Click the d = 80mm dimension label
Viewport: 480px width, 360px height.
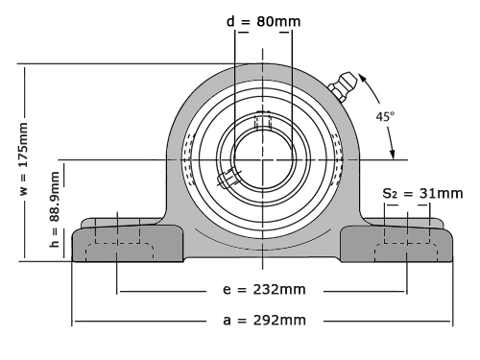(x=263, y=22)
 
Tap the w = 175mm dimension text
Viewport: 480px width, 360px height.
(x=24, y=158)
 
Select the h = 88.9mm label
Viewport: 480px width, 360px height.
(x=55, y=209)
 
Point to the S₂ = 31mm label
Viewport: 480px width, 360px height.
(x=422, y=194)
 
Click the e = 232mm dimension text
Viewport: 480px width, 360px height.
(x=264, y=289)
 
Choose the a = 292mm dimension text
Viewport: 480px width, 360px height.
(x=264, y=320)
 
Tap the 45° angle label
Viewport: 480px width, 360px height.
(x=385, y=116)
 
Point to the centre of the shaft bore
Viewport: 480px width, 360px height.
(x=263, y=159)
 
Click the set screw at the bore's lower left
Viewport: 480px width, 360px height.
(x=228, y=178)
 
